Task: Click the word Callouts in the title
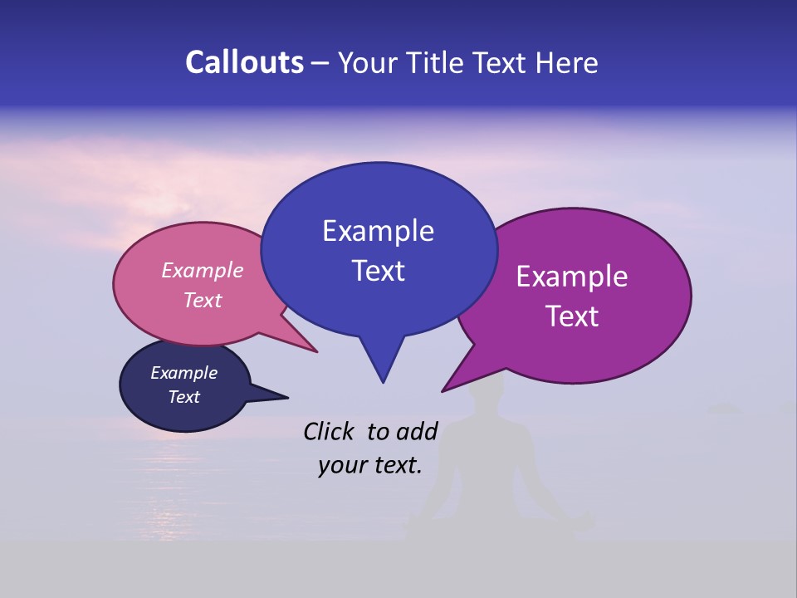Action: click(x=244, y=63)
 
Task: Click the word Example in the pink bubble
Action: click(x=203, y=271)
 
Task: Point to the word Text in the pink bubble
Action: click(x=203, y=300)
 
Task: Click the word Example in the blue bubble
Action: click(x=378, y=231)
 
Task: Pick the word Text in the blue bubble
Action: click(x=378, y=271)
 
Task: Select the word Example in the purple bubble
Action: click(x=572, y=277)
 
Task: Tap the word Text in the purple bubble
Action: click(x=572, y=316)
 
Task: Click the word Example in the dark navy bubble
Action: click(x=183, y=373)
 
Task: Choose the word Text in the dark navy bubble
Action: click(x=183, y=397)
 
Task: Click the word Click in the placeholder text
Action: click(x=330, y=431)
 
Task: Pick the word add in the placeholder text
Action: click(x=417, y=431)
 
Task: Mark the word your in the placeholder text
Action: click(x=340, y=465)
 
